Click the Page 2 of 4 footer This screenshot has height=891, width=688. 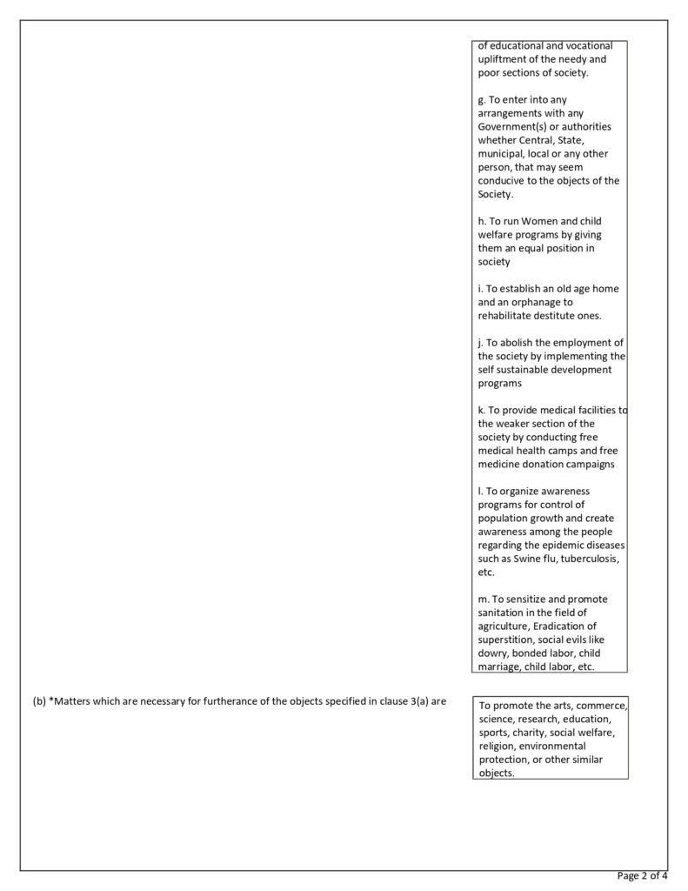(642, 875)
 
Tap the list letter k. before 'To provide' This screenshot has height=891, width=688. (481, 410)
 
